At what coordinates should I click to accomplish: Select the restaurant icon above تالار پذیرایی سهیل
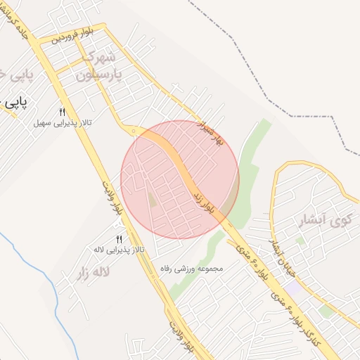pos(62,112)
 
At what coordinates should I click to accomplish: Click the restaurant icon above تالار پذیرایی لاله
pos(119,239)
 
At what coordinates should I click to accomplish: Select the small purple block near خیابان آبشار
pos(292,288)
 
